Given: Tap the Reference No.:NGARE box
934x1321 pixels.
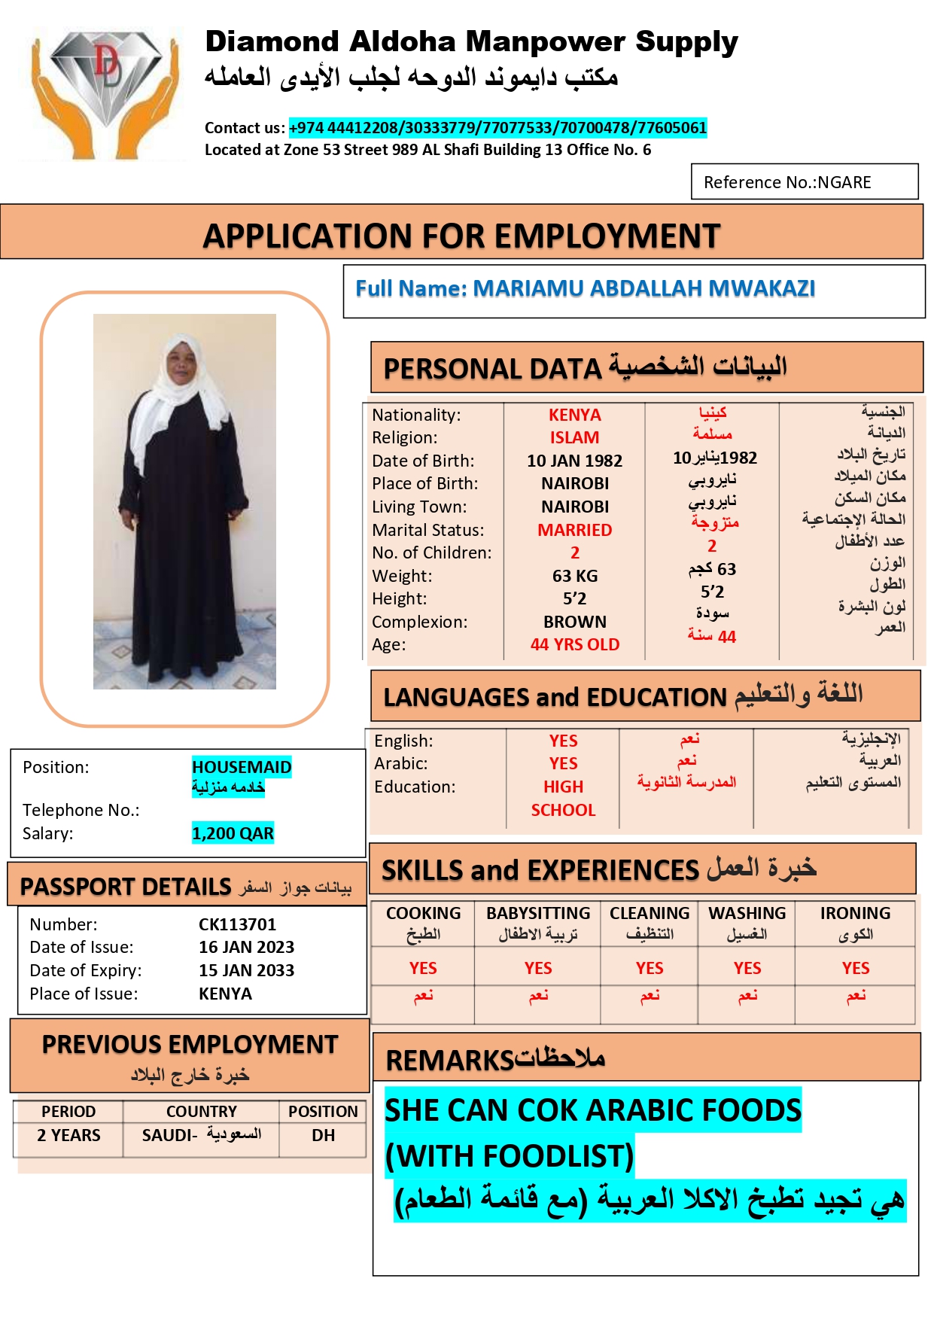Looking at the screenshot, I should (x=804, y=182).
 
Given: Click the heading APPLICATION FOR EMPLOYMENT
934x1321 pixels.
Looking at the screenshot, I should (x=461, y=236).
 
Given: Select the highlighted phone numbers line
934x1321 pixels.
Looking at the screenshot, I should (x=497, y=128).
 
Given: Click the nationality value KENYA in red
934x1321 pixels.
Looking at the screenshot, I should (x=574, y=415).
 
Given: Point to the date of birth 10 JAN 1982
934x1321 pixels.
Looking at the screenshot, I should (x=574, y=461).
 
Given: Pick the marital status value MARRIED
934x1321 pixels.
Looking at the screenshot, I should (x=574, y=530).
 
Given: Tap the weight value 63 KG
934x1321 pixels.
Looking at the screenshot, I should (x=574, y=576).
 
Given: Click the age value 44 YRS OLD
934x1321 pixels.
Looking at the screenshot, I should (x=574, y=644).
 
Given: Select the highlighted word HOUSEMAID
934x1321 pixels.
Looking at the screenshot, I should (x=241, y=767).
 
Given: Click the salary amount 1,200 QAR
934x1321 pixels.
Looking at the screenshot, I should (x=233, y=833).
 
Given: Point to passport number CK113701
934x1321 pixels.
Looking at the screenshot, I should (x=237, y=924).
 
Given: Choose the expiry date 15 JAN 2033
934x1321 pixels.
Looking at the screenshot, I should (x=246, y=970).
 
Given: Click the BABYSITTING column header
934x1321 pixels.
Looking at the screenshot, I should (x=538, y=913).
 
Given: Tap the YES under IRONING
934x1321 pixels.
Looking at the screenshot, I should (x=855, y=968).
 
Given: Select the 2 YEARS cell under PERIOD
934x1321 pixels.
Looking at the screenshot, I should (x=68, y=1135).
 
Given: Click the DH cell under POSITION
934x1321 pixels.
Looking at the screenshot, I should (x=323, y=1135).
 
